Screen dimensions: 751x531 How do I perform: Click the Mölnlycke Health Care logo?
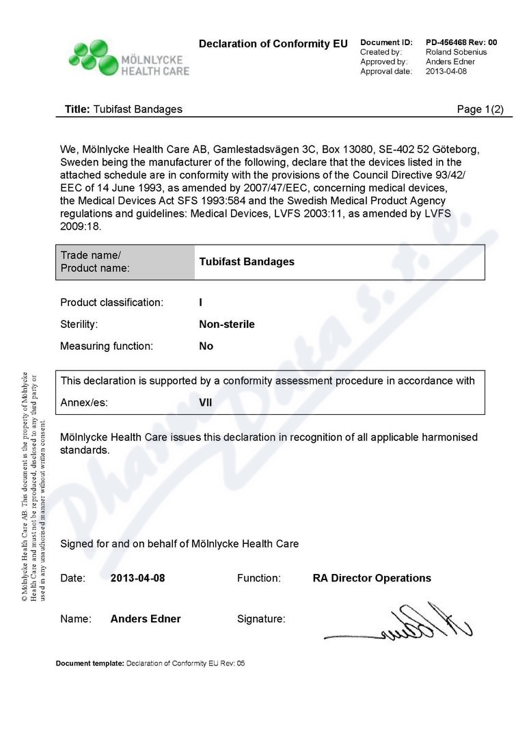[128, 58]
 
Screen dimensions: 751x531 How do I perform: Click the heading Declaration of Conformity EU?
[273, 44]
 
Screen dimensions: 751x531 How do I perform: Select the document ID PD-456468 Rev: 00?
[461, 42]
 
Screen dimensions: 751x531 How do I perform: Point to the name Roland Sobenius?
[456, 52]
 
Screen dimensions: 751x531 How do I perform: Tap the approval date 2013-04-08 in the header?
[446, 71]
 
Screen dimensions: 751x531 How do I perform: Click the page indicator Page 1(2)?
[480, 109]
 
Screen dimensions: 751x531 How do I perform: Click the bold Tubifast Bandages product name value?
[247, 262]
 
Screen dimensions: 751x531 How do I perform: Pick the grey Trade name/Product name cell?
[125, 262]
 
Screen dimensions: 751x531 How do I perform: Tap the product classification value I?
[200, 302]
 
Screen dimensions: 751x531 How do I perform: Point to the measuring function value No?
[206, 346]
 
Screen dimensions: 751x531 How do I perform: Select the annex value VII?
[205, 402]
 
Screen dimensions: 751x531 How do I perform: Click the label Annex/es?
[84, 402]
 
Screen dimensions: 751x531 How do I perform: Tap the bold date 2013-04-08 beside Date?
[137, 578]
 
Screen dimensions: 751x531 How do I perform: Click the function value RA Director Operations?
[372, 578]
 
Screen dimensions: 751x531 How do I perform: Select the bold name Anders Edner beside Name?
[146, 619]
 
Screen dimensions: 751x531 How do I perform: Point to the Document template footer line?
[150, 664]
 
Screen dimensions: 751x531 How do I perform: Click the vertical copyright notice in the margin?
[33, 486]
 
